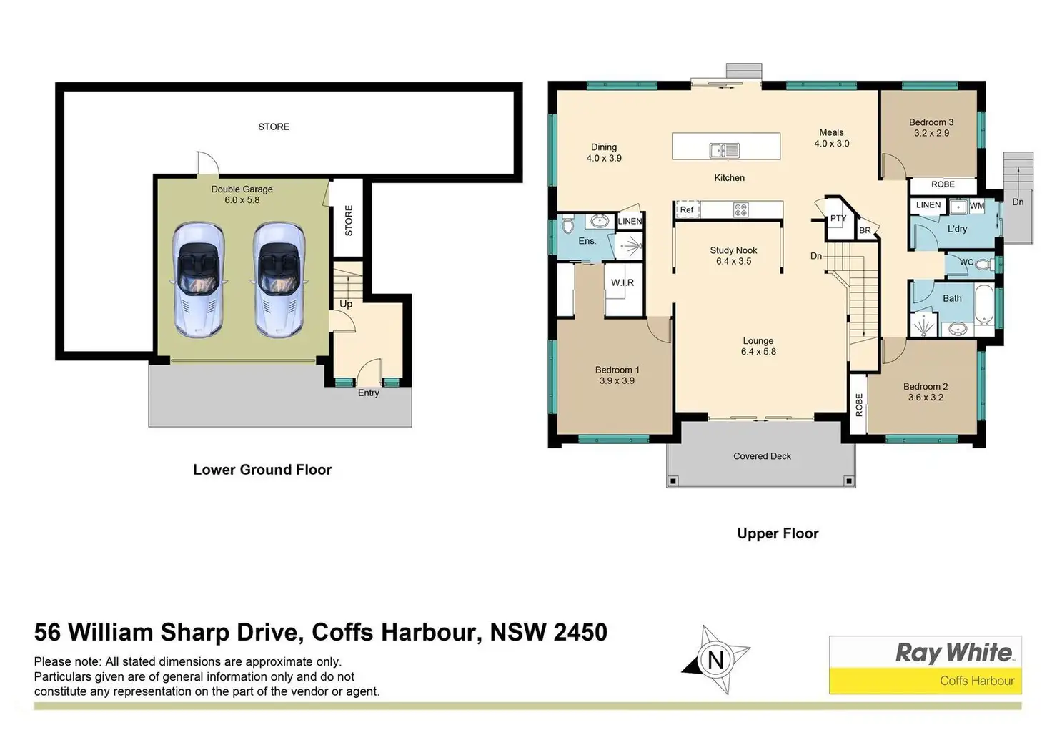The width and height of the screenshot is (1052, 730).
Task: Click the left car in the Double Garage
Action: [x=198, y=280]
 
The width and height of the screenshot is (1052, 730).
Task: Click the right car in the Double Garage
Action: [x=279, y=280]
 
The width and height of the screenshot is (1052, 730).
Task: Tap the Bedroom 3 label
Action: [x=931, y=122]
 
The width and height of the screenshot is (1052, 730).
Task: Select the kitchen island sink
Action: [x=725, y=151]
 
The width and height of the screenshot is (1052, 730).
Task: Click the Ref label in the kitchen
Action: [x=687, y=209]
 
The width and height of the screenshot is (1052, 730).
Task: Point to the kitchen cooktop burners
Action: [x=740, y=209]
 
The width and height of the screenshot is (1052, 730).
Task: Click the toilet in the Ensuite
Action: [x=567, y=225]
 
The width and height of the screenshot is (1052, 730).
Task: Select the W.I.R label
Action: [x=622, y=282]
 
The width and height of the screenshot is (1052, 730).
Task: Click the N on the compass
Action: [x=715, y=661]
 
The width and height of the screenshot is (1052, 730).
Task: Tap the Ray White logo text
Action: [x=953, y=653]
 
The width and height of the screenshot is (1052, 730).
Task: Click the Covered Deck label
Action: [x=763, y=455]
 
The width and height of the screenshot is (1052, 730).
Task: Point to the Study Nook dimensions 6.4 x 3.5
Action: [x=733, y=261]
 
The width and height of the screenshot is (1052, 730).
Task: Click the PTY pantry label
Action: [x=838, y=218]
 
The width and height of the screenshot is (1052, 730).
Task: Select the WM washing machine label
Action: [x=977, y=206]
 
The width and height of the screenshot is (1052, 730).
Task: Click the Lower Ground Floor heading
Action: [x=262, y=469]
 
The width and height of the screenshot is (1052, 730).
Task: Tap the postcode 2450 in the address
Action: [x=580, y=632]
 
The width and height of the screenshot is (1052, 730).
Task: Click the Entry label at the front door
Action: [x=368, y=393]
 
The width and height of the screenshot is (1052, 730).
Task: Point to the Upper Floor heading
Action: [x=778, y=533]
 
